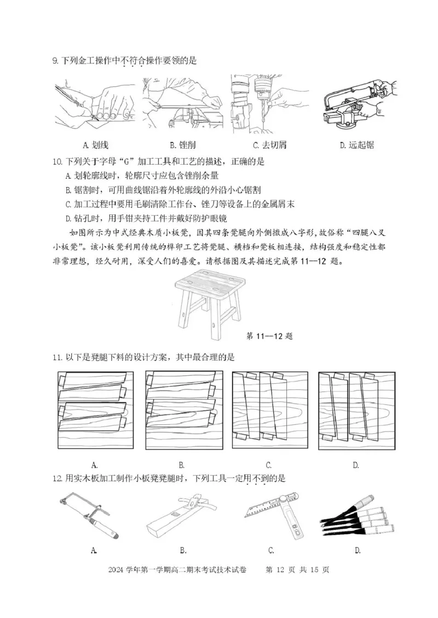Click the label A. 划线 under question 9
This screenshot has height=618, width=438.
[x=95, y=145]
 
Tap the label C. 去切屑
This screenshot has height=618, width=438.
[x=269, y=145]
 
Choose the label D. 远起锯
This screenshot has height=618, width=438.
[x=356, y=145]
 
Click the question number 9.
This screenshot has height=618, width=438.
[x=55, y=61]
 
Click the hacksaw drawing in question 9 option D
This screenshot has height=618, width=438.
[x=357, y=104]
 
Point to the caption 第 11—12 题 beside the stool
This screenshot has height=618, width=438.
[x=269, y=335]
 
